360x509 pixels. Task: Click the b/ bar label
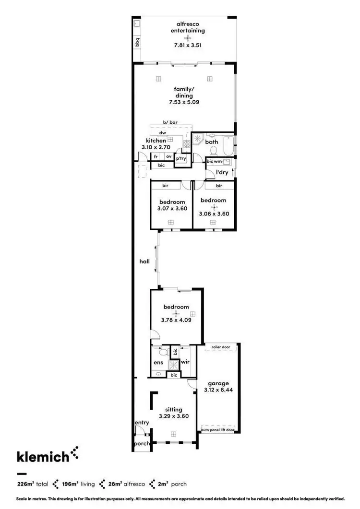(170, 123)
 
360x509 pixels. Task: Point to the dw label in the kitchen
(163, 132)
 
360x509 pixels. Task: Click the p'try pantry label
(181, 158)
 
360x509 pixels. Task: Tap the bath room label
(212, 142)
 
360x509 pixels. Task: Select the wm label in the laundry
(218, 162)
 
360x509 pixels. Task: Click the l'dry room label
(222, 173)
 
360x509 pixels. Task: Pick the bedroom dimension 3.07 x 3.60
(171, 209)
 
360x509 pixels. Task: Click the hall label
(144, 262)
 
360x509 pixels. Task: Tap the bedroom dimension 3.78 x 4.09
(176, 320)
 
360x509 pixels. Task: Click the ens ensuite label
(158, 363)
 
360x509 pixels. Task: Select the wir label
(185, 362)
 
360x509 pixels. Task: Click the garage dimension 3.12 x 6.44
(218, 390)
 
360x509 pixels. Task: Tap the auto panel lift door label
(217, 430)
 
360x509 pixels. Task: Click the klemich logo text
(43, 456)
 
